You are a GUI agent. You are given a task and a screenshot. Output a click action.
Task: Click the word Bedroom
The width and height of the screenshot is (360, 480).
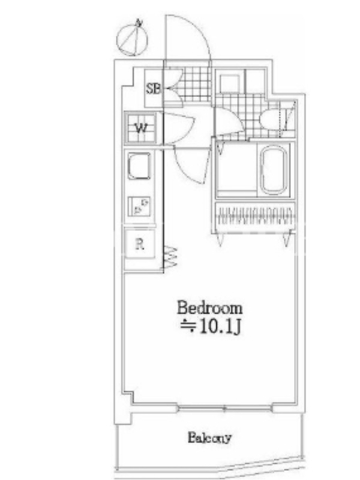click(x=209, y=308)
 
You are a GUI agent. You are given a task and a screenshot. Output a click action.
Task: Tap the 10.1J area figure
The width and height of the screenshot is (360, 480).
click(x=220, y=327)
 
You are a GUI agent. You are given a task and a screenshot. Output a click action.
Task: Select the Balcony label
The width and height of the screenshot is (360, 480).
click(x=209, y=438)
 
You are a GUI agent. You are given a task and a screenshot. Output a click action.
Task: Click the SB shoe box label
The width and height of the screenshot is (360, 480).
click(x=153, y=89)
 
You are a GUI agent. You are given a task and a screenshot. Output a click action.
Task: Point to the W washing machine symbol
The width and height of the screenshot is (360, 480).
click(x=141, y=128)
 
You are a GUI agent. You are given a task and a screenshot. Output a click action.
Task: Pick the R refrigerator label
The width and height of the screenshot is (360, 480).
click(x=140, y=244)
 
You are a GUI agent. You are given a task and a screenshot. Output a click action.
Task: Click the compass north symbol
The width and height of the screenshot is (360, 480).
click(x=132, y=38)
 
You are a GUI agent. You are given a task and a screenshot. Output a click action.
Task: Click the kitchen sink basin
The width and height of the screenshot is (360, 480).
click(x=139, y=166)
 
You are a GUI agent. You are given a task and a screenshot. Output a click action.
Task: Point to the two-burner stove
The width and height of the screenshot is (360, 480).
click(x=139, y=206)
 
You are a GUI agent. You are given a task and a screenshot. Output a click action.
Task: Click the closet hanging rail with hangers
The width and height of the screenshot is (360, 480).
click(x=254, y=216)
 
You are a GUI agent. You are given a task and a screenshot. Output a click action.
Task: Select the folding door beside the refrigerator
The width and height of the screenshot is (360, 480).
click(x=170, y=257)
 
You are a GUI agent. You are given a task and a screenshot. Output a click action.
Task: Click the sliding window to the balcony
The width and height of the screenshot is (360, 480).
click(x=224, y=409)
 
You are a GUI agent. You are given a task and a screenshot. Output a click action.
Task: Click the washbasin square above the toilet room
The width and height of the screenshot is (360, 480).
click(x=230, y=83)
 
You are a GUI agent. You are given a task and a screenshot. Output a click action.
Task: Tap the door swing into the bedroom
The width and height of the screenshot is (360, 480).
click(x=191, y=166)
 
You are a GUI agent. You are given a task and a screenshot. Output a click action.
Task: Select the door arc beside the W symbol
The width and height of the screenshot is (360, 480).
click(x=179, y=128)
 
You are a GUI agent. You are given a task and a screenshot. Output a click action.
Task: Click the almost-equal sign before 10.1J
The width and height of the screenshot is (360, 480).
click(x=188, y=326)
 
